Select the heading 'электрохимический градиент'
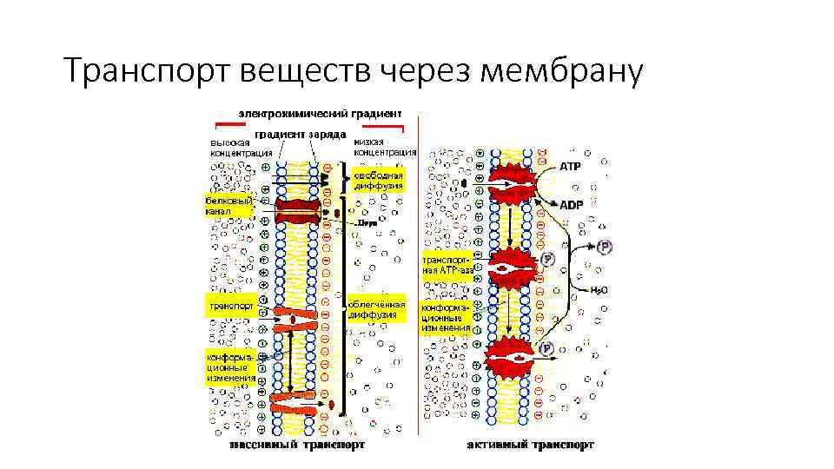tap(320, 113)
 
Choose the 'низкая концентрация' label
tap(385, 147)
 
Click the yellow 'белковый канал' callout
tap(228, 205)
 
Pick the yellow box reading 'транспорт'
tap(229, 306)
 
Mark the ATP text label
tap(570, 165)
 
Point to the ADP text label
tap(571, 205)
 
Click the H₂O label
tap(599, 291)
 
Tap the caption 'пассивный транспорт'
tap(297, 445)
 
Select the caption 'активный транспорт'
tap(531, 445)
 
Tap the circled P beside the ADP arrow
tap(606, 248)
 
